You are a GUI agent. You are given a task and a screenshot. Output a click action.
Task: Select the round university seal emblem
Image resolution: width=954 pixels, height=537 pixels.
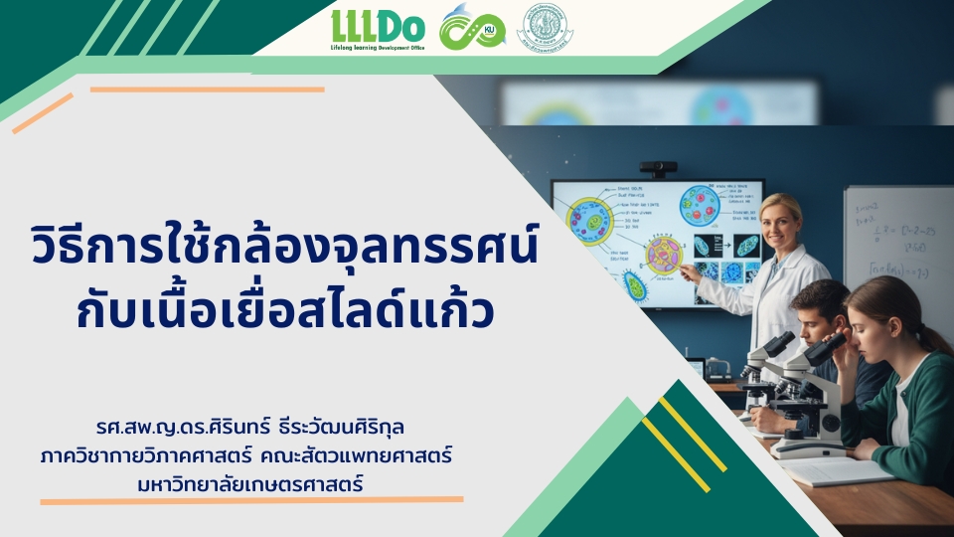pyautogui.click(x=546, y=29)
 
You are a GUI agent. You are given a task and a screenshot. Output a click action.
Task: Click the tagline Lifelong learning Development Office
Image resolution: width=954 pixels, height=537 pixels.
pyautogui.click(x=377, y=46)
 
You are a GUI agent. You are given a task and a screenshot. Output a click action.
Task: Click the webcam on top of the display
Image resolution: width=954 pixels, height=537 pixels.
pyautogui.click(x=658, y=169)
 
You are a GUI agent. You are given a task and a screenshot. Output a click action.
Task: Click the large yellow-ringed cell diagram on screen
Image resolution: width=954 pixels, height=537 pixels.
pyautogui.click(x=588, y=221)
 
